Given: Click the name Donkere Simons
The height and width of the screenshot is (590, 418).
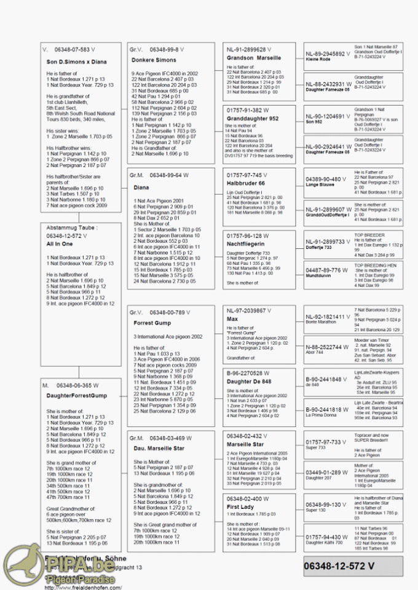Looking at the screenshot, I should tap(154, 60).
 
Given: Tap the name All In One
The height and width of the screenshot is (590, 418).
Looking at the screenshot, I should tap(60, 245).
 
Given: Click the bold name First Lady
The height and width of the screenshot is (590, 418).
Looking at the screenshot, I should tap(240, 507).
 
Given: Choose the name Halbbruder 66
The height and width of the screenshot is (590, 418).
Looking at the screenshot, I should tap(246, 183).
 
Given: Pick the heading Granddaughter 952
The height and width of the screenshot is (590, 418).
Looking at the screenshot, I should tap(253, 119).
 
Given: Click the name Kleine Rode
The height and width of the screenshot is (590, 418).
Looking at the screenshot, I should tap(318, 60).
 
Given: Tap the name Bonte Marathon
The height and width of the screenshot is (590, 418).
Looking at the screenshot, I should tap(321, 322).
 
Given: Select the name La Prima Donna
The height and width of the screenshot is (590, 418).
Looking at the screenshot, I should tap(321, 415).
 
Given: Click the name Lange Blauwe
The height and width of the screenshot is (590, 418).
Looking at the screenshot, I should tap(319, 184).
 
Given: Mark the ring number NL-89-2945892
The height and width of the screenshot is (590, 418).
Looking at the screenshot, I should tap(326, 53).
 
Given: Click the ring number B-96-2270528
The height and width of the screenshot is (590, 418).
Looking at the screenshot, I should tap(248, 373).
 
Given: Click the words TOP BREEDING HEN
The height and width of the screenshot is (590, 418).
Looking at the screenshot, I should tap(375, 265).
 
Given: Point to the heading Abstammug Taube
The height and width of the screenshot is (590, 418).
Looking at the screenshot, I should tap(71, 227).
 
